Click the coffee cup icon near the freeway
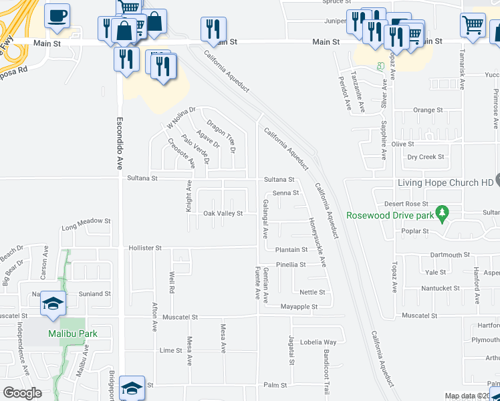pos(57,15)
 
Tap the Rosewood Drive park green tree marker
pos(441,213)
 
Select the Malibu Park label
pos(73,333)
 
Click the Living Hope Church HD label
pos(445,182)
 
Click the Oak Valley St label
pos(223,213)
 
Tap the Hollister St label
pos(145,247)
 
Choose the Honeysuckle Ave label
pos(317,242)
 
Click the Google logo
pos(22,393)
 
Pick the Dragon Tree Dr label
pos(221,136)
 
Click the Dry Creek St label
pos(426,157)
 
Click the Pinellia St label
pos(291,264)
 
